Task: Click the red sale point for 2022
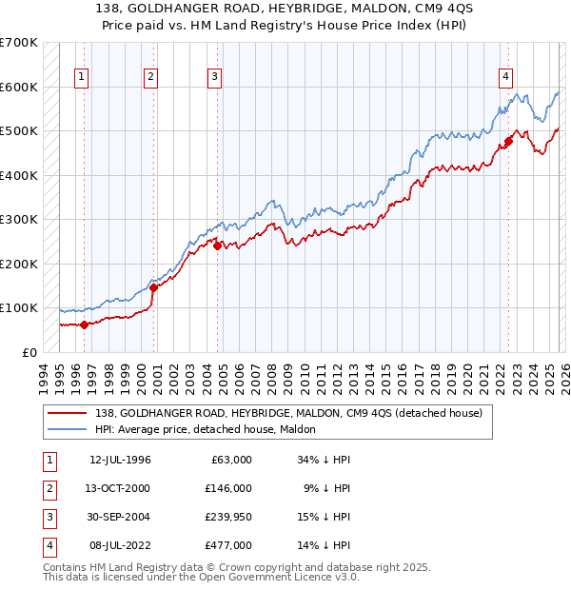(509, 142)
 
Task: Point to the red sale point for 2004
(218, 246)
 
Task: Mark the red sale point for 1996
(85, 324)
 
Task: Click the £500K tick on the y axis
(19, 130)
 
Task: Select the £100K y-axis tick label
(19, 307)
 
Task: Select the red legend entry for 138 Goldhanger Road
(289, 413)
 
